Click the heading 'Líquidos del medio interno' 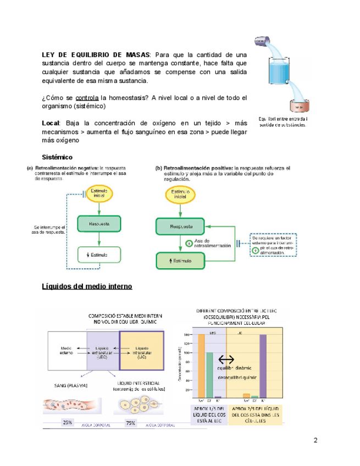point(87,286)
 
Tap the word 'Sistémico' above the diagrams point(57,157)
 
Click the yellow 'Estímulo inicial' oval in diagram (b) point(180,195)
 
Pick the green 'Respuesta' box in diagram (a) point(99,224)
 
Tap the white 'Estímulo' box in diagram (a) point(99,254)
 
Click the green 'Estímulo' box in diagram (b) point(180,260)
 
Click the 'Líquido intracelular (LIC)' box point(141,352)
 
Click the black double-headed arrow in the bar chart point(226,359)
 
